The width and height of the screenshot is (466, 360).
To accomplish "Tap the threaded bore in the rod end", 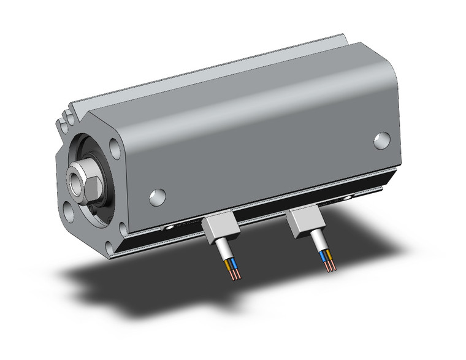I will (x=77, y=179).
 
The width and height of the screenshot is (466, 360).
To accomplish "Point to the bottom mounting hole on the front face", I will (x=109, y=247).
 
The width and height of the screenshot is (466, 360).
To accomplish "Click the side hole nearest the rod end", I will (x=158, y=196).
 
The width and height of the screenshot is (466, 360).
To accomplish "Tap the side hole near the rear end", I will (x=381, y=140).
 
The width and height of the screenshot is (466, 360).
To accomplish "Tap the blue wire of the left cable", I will (x=235, y=265).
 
